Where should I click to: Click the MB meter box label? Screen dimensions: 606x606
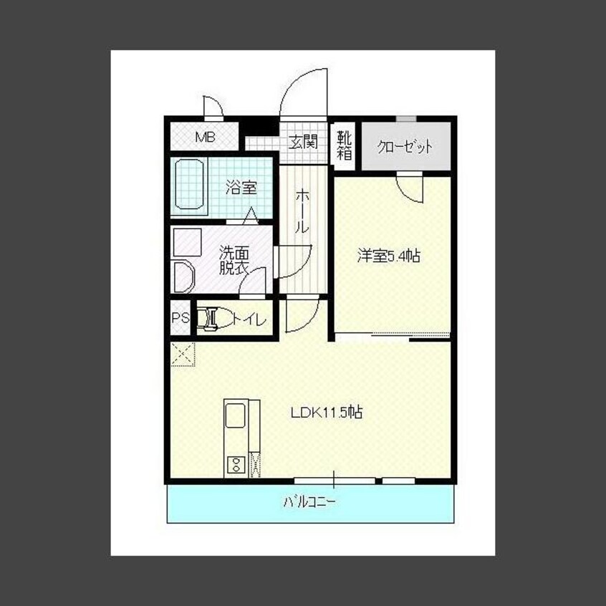[205, 137]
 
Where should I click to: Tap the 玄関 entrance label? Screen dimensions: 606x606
[304, 141]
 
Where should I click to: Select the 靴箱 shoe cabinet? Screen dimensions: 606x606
[345, 145]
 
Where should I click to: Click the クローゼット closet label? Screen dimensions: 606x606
[405, 146]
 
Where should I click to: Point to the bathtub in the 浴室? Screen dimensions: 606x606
[189, 185]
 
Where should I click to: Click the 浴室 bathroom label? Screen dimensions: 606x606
[241, 188]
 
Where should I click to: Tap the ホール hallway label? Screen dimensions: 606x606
[302, 212]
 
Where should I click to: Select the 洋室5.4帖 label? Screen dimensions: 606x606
[388, 256]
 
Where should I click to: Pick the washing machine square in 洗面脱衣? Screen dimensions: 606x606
[188, 242]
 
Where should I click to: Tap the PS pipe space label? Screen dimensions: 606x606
[181, 318]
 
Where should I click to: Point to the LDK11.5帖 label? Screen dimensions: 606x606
[327, 413]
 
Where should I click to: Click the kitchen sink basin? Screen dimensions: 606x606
[236, 415]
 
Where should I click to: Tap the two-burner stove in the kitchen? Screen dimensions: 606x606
[236, 465]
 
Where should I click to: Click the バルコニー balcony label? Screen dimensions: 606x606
[310, 502]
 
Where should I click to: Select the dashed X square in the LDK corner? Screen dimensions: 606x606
[183, 354]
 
